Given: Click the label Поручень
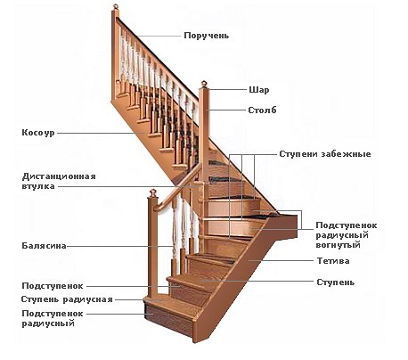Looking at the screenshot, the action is point(207,36).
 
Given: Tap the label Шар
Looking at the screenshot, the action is point(259,90).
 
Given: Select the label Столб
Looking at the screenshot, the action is point(262,110).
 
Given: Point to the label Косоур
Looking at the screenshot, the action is point(38,133).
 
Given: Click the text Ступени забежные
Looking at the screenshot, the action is point(325,154).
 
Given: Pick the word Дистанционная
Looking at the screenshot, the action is point(59,176).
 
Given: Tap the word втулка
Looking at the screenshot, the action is point(38,186).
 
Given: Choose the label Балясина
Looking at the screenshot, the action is point(44,246).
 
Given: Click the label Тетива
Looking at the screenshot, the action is point(333,261).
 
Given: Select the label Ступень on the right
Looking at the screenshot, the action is point(336,282).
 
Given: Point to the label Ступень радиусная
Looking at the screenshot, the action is point(67,299).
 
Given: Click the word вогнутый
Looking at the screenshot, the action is point(339,245).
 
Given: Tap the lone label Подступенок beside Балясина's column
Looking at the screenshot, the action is point(53,286).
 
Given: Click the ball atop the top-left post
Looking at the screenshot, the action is point(116,6).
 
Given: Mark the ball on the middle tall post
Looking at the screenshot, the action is point(204,83).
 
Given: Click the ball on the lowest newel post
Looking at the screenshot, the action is point(152,192).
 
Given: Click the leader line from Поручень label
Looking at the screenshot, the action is point(159,36).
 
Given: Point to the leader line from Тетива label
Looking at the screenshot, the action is point(282,261).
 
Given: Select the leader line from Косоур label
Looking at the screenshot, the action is point(102,133).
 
